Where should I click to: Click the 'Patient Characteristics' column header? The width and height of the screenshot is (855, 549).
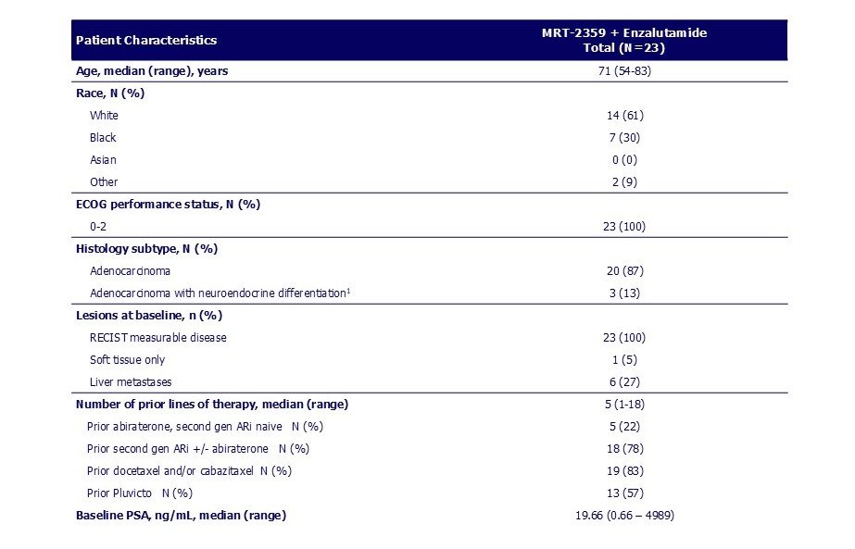146,40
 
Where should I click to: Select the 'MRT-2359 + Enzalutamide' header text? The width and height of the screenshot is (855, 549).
623,33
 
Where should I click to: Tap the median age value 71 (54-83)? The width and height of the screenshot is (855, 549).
623,71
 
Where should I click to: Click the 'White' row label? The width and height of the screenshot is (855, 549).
104,116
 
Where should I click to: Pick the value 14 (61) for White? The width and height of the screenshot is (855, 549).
623,116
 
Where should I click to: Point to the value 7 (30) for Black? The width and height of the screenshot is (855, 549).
623,138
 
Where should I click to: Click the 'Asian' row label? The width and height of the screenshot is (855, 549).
103,160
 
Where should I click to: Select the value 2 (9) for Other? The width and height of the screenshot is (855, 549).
623,182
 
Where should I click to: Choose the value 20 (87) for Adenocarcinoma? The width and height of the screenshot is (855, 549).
623,270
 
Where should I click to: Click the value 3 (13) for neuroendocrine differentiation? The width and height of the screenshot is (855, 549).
623,293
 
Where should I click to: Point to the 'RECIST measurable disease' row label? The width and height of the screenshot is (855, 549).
157,337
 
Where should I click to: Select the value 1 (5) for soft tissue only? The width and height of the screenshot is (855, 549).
623,359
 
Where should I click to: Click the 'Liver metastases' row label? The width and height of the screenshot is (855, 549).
131,381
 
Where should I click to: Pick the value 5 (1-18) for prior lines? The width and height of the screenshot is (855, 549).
623,404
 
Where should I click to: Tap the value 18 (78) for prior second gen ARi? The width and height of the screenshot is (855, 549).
623,448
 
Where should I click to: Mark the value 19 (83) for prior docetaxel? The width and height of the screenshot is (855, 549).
623,470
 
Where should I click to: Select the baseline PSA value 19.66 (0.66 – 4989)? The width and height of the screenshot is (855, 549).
623,515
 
